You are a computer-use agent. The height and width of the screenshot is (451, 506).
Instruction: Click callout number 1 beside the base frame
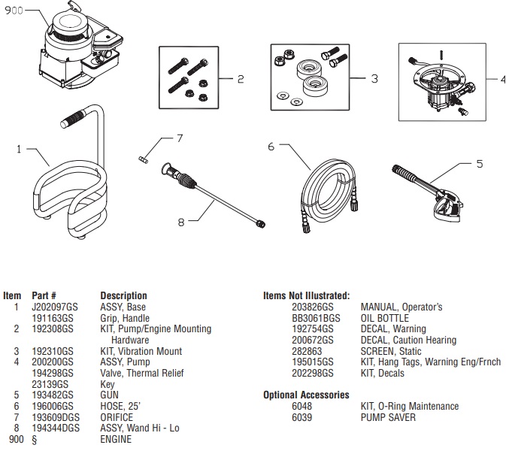(x=20, y=149)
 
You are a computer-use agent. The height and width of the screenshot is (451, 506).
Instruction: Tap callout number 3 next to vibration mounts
(x=374, y=78)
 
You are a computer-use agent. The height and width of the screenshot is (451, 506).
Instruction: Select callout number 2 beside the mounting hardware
(x=241, y=78)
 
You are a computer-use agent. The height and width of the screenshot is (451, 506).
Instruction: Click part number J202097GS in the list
(x=54, y=307)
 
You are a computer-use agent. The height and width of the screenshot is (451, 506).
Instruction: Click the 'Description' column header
(x=123, y=295)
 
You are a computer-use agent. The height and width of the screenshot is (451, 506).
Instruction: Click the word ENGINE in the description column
(x=116, y=440)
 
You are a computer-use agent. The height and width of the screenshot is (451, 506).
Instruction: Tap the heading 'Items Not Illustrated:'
(x=306, y=295)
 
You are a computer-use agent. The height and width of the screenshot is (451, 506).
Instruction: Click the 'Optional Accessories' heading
(x=306, y=395)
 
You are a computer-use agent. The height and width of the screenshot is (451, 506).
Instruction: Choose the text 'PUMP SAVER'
(x=388, y=417)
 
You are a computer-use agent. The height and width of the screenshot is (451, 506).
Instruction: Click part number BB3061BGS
(x=316, y=318)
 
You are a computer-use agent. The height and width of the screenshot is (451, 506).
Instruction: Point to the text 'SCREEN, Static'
(x=392, y=351)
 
